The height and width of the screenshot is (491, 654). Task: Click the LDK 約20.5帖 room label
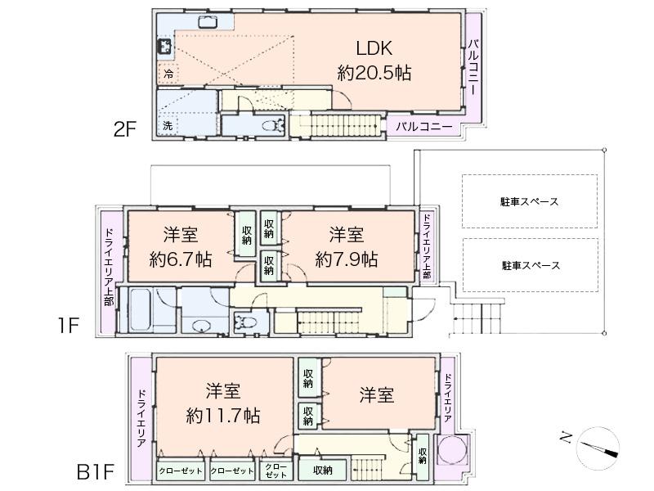pyautogui.click(x=374, y=60)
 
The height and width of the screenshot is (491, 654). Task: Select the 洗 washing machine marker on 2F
pyautogui.click(x=168, y=126)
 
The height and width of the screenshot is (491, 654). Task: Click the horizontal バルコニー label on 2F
pyautogui.click(x=424, y=127)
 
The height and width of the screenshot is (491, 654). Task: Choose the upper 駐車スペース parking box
pyautogui.click(x=531, y=201)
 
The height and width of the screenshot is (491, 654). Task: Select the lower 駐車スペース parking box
pyautogui.click(x=531, y=265)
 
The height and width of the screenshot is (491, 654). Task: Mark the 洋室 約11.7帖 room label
pyautogui.click(x=222, y=402)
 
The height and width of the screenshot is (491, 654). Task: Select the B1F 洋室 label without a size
pyautogui.click(x=376, y=395)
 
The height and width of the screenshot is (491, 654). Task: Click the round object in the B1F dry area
pyautogui.click(x=451, y=451)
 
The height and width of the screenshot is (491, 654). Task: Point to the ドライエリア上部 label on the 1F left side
pyautogui.click(x=109, y=272)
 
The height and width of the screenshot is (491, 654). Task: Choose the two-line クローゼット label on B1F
pyautogui.click(x=275, y=471)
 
